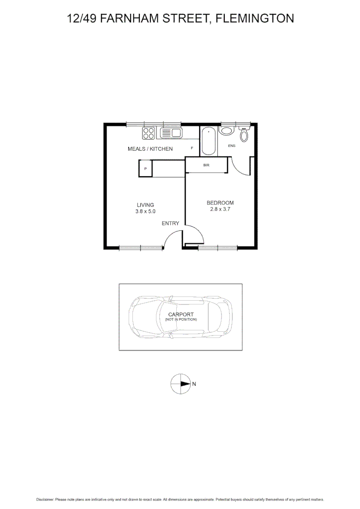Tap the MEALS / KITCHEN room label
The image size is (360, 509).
(150, 149)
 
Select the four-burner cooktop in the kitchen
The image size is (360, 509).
(149, 133)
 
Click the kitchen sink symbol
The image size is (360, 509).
(171, 133)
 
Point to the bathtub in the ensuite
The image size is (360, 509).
(209, 141)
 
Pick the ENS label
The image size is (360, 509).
(231, 146)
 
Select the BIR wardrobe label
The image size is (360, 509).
(206, 165)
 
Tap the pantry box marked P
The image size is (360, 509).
(146, 168)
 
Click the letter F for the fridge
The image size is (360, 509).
(192, 148)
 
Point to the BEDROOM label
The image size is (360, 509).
(220, 203)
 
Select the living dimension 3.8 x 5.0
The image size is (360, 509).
(145, 212)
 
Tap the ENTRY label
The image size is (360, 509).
(170, 223)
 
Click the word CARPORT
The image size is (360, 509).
(181, 314)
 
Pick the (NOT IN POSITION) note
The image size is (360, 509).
(181, 320)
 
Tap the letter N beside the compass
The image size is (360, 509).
(194, 384)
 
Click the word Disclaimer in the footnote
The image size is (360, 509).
(45, 499)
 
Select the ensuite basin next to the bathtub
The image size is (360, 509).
(227, 131)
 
